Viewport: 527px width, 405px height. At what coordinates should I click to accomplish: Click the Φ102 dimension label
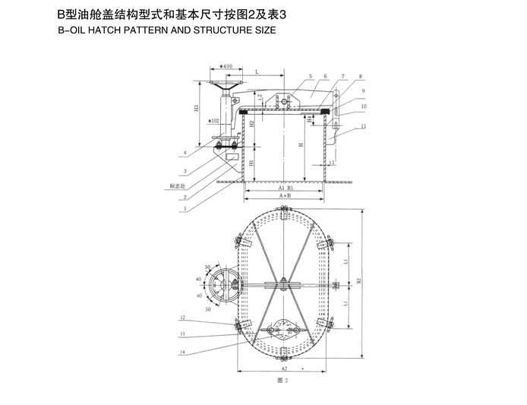click(x=214, y=120)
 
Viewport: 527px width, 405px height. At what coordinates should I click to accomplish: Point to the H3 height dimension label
click(x=197, y=108)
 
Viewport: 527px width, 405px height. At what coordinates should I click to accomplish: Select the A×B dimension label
click(x=285, y=196)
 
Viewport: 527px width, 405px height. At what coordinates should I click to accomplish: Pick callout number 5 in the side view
click(x=310, y=77)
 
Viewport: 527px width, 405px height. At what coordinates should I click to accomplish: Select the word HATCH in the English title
click(x=109, y=31)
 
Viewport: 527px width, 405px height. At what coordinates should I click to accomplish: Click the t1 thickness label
click(x=333, y=163)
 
